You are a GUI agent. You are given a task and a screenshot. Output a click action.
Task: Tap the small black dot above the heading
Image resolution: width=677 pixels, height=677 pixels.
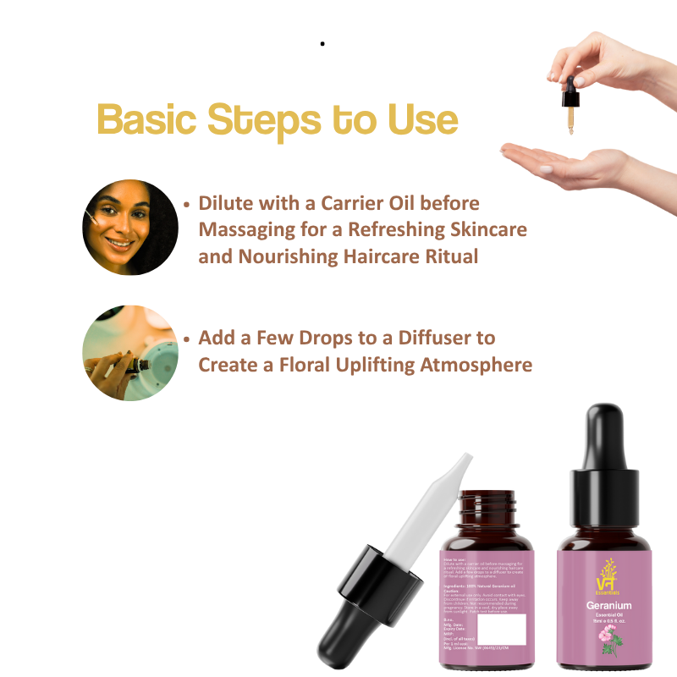coord(322,42)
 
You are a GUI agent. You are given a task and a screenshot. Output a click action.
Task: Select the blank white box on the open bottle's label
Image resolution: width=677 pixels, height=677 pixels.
coord(514,630)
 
